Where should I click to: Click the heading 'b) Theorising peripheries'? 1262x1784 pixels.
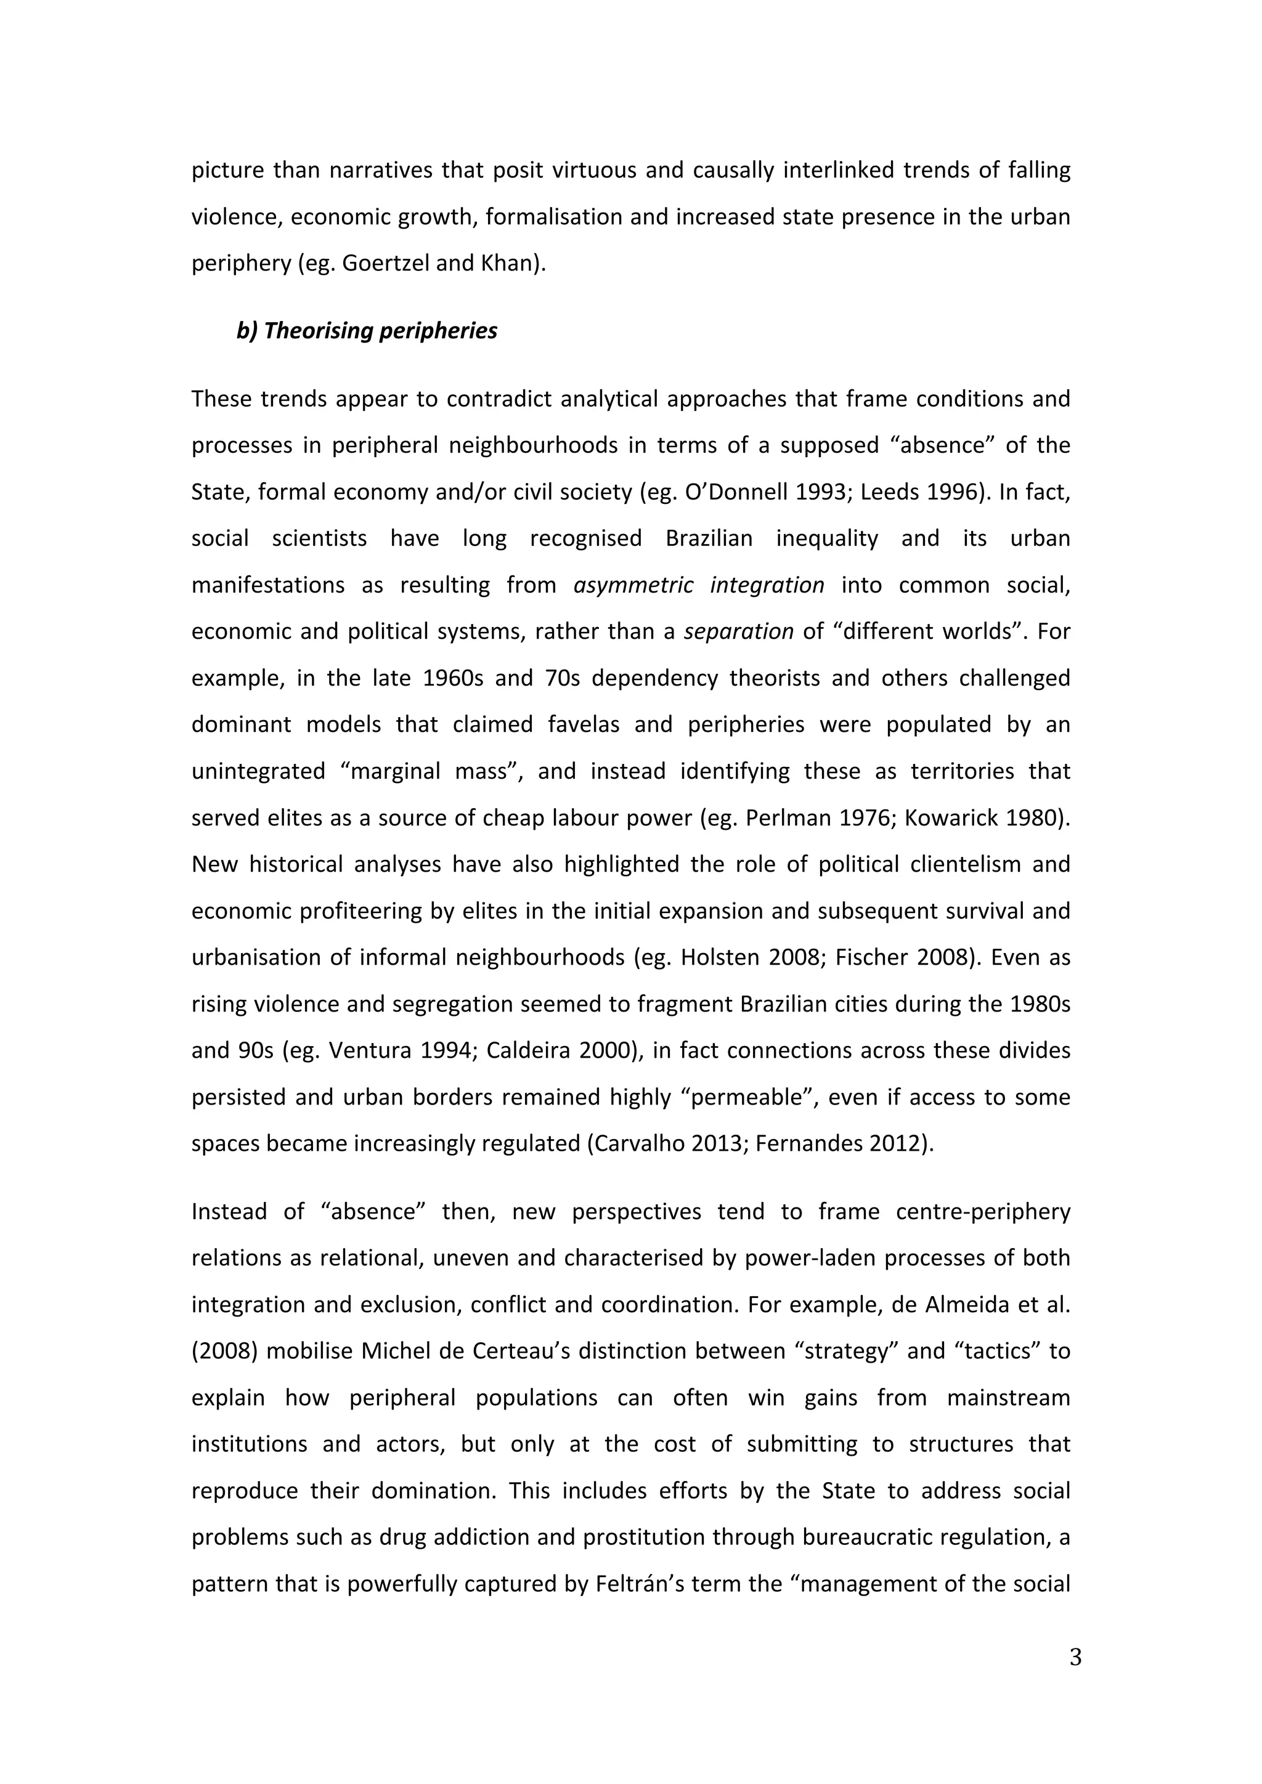pos(366,330)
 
